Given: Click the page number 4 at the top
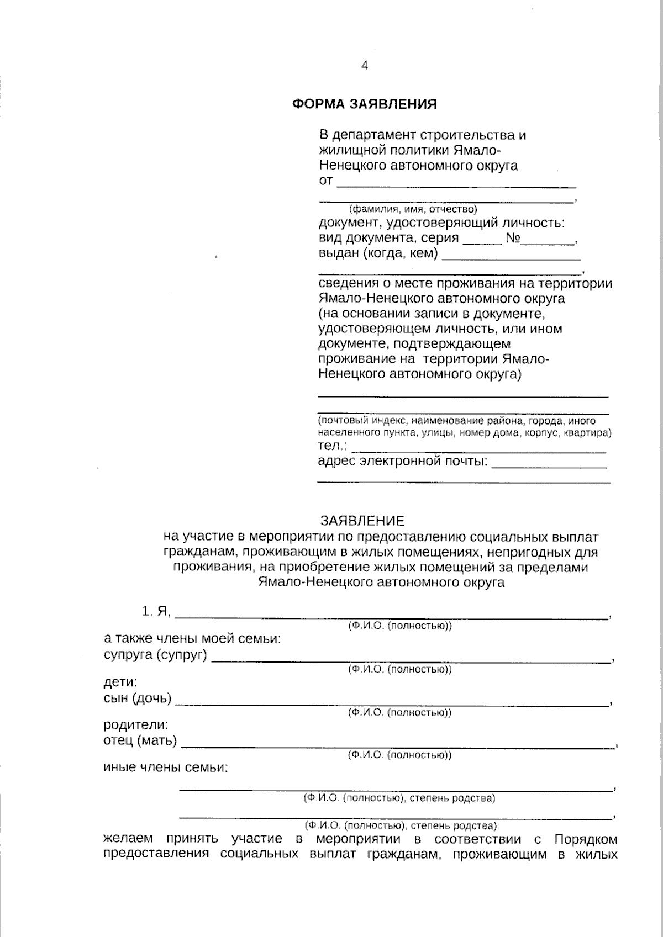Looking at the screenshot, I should (364, 66).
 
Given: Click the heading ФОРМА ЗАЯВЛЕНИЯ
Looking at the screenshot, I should (365, 104).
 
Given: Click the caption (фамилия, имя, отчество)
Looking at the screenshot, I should (412, 209).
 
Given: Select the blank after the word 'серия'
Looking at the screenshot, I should (482, 241).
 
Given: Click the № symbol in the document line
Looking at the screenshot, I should (513, 239).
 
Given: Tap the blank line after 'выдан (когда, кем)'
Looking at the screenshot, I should (512, 257).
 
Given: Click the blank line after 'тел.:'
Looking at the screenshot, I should (478, 450).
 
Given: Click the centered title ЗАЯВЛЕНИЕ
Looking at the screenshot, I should (362, 521).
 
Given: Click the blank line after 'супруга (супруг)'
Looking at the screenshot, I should (412, 659).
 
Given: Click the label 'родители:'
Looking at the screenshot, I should (136, 724).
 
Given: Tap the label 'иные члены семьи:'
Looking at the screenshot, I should (166, 767).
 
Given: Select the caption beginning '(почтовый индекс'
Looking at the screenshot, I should (464, 426).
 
